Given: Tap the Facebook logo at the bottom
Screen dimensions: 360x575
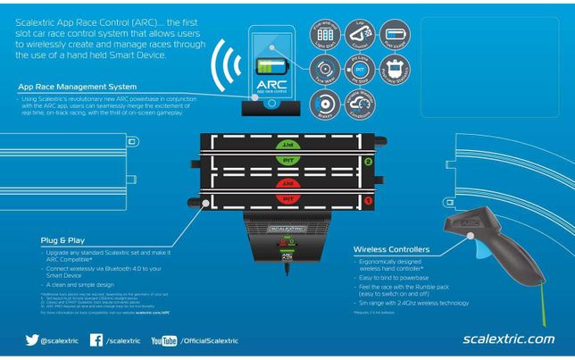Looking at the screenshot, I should (96, 340).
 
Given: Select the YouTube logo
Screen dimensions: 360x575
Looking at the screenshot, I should (163, 340).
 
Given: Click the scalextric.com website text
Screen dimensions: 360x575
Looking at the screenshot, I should (509, 339).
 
